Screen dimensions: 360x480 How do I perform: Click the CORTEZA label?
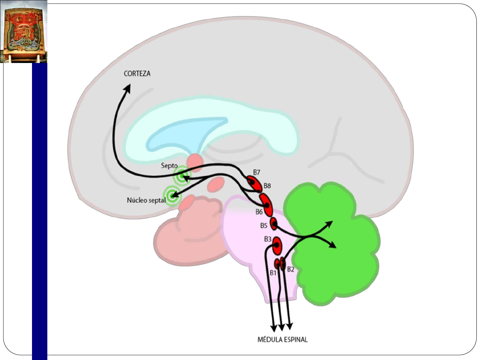137,73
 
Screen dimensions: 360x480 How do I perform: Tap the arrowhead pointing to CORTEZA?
127,88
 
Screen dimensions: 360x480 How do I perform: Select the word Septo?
169,165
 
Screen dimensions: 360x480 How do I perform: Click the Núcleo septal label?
146,200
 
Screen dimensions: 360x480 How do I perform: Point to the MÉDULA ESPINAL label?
282,339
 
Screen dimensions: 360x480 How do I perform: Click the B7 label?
256,172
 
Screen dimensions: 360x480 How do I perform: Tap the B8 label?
267,186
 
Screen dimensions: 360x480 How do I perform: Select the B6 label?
259,212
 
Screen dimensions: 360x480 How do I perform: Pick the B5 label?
264,226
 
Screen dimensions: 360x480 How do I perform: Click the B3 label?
268,239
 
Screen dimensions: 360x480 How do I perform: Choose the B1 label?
273,273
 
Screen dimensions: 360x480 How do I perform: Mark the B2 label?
291,269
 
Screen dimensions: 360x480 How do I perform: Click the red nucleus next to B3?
277,246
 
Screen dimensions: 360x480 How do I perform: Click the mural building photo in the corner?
24,31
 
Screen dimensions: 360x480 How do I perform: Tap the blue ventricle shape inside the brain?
187,133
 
